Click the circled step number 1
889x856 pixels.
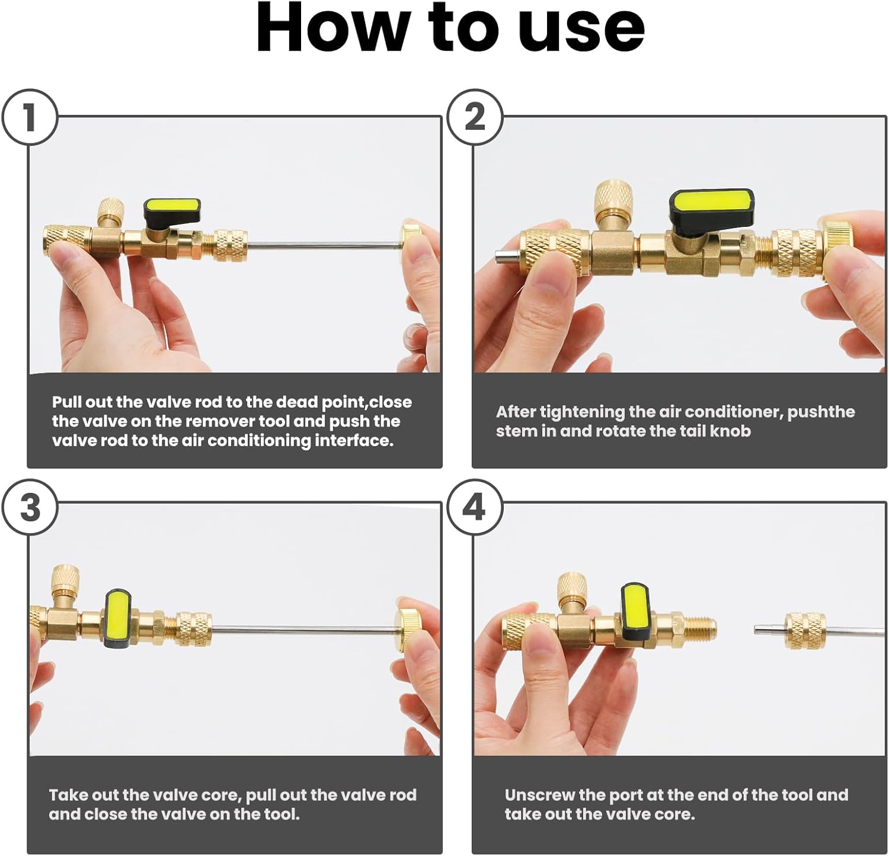pos(30,117)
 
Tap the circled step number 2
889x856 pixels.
pos(474,117)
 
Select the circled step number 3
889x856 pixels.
pos(30,508)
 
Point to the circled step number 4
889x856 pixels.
pos(474,508)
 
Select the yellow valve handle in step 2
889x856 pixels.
pos(711,203)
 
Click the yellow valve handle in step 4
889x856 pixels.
pos(635,608)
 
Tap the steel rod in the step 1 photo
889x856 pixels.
pos(323,245)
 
